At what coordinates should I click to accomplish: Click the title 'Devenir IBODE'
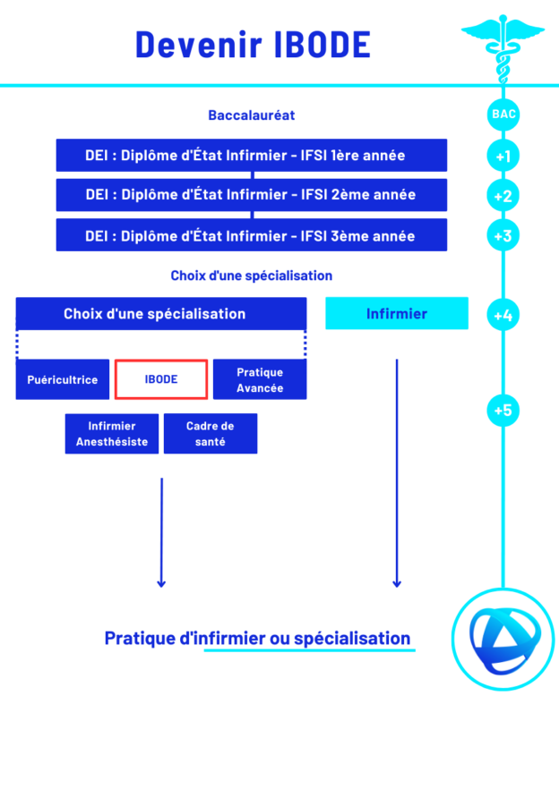pos(253,45)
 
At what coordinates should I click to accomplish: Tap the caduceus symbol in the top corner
pos(503,39)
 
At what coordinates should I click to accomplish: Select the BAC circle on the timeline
pos(503,115)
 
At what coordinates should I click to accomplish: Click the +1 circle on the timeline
pos(503,157)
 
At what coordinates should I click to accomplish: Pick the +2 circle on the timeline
pos(503,196)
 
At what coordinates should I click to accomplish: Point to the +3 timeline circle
pos(503,236)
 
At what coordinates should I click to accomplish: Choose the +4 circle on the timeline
pos(503,315)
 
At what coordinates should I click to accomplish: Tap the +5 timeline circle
pos(503,410)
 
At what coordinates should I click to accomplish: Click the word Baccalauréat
pos(252,115)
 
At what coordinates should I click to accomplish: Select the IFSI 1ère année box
pos(251,156)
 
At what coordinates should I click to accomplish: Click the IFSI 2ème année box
pos(251,195)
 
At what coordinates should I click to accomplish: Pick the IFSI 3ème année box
pos(251,235)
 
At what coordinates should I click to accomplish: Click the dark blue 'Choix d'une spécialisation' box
pos(161,314)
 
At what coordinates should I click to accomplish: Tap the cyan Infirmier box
pos(396,314)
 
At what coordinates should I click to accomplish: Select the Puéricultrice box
pos(63,379)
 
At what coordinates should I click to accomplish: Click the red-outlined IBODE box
pos(161,379)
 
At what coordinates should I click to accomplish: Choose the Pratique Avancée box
pos(260,379)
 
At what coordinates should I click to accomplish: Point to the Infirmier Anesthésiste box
pos(112,434)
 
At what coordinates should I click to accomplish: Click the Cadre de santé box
pos(211,434)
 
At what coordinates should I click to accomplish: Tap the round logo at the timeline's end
pos(503,638)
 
